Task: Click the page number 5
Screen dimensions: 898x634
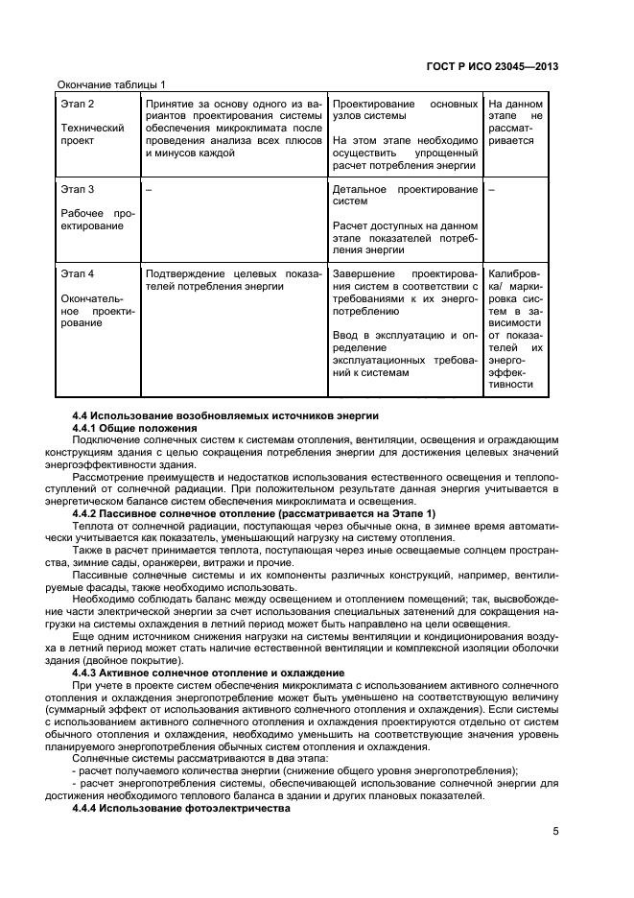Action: coord(554,832)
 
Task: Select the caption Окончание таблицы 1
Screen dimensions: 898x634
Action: coord(112,85)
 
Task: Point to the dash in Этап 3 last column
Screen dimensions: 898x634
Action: coord(491,189)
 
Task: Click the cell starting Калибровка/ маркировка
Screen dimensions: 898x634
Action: coord(515,327)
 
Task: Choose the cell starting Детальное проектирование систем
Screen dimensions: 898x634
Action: coord(404,196)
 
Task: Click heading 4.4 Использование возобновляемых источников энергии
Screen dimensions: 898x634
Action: coord(225,414)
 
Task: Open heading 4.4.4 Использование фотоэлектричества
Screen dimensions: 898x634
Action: coord(180,809)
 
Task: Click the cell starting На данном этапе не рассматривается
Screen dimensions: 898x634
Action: coord(515,122)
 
